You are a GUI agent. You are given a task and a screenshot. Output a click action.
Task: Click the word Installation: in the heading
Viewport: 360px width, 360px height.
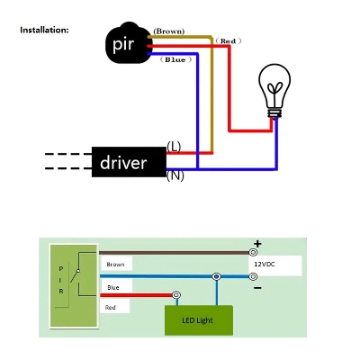click(x=44, y=30)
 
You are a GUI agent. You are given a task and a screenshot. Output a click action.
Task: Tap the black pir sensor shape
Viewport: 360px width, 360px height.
click(x=127, y=43)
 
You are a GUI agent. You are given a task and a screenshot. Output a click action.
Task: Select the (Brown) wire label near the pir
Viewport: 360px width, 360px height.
click(x=169, y=31)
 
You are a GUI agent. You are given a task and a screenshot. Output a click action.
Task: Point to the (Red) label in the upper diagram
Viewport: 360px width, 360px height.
click(x=229, y=40)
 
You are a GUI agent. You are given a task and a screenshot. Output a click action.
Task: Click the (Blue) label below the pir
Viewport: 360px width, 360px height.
click(x=175, y=59)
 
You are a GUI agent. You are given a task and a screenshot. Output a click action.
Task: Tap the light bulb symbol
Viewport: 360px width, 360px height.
click(x=274, y=91)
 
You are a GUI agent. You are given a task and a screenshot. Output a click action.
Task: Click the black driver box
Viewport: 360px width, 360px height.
click(x=129, y=162)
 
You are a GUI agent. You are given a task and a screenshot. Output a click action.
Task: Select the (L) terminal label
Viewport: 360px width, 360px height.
click(x=174, y=147)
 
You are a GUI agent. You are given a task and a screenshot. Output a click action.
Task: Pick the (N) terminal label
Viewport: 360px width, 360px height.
click(x=175, y=175)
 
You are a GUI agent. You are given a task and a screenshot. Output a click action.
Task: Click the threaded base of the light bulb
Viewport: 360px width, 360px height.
click(x=274, y=113)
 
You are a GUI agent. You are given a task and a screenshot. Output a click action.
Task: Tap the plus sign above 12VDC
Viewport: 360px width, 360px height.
click(x=257, y=244)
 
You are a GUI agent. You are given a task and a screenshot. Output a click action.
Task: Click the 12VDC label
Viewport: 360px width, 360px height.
click(x=265, y=265)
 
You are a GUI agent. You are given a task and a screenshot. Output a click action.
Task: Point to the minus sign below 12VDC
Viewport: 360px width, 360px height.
click(x=257, y=288)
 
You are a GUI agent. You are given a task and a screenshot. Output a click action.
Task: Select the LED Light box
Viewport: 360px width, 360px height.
click(x=199, y=320)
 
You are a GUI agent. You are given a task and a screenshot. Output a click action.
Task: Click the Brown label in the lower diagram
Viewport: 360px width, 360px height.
click(x=115, y=265)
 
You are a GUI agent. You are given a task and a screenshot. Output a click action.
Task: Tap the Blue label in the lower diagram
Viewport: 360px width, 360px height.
click(x=113, y=287)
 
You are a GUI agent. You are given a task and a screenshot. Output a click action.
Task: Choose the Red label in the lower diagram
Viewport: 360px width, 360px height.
click(x=111, y=308)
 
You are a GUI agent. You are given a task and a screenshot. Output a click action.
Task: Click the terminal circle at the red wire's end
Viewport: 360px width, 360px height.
click(x=177, y=295)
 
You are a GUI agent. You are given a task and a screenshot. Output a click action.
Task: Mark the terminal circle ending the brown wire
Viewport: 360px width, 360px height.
click(x=254, y=253)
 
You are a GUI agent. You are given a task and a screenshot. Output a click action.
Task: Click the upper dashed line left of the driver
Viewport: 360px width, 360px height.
click(x=68, y=154)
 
